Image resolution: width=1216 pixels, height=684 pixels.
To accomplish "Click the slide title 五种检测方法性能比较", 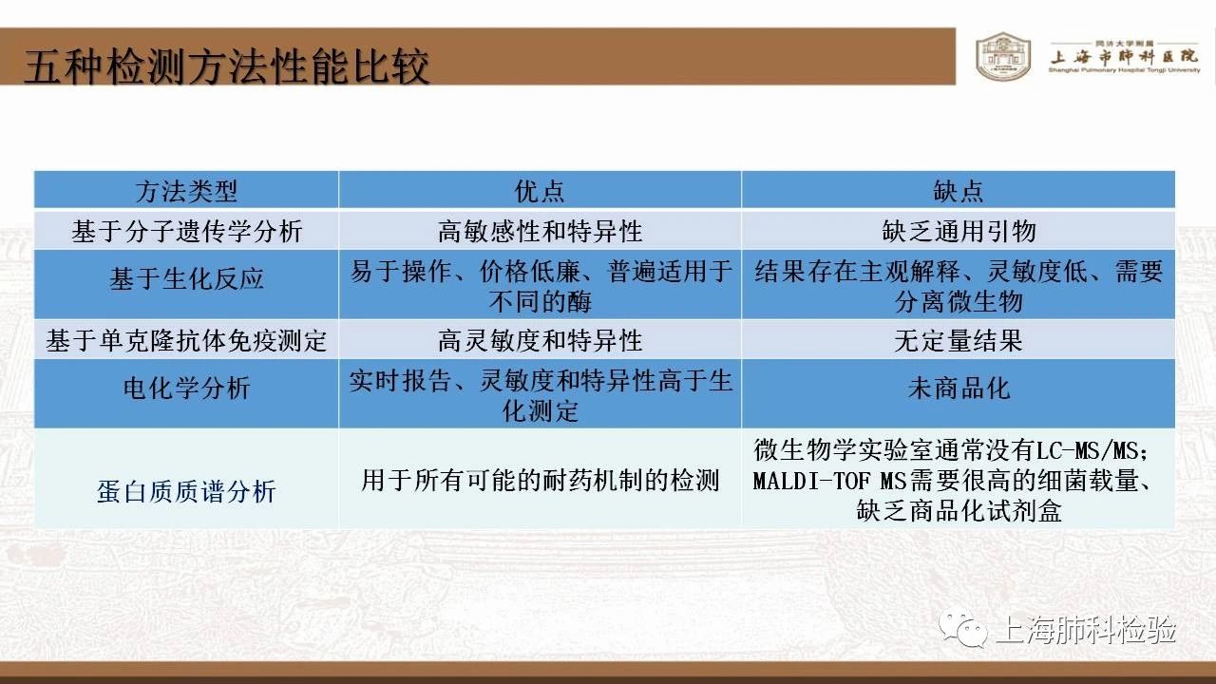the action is point(226,66).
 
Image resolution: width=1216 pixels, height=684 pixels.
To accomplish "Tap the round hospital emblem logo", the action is point(1003,56).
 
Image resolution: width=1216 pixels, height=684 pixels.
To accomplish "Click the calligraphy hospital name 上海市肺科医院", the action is point(1124,57).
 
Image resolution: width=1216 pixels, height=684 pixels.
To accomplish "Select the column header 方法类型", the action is point(186,191).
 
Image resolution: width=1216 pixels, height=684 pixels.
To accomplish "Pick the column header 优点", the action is point(540,191).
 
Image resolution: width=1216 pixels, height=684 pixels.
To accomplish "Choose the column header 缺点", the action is point(959,191).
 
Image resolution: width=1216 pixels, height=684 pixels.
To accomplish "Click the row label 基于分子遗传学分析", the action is point(186,231).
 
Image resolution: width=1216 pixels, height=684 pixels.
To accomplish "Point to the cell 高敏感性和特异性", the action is point(540,231).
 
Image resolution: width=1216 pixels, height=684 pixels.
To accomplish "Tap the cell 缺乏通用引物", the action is point(959,231).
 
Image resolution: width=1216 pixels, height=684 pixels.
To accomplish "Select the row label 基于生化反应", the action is point(186,279).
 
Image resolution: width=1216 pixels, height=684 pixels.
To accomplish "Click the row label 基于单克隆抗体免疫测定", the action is point(186,341).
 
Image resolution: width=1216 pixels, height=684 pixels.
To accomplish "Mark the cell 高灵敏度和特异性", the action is point(540,341).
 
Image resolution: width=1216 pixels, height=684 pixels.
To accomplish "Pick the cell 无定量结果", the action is point(959,341).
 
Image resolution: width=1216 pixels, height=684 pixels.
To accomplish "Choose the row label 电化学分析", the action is point(186,389).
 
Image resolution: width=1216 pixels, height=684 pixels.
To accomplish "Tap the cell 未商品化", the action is point(959,389).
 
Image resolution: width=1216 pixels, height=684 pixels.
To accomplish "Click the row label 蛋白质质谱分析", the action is point(186,491).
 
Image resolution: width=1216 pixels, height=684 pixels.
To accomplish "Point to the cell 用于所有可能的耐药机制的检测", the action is point(540,481).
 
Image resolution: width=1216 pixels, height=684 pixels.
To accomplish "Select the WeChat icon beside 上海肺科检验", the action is point(963,629).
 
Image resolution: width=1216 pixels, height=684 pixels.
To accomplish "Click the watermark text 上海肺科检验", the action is point(1086,630).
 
